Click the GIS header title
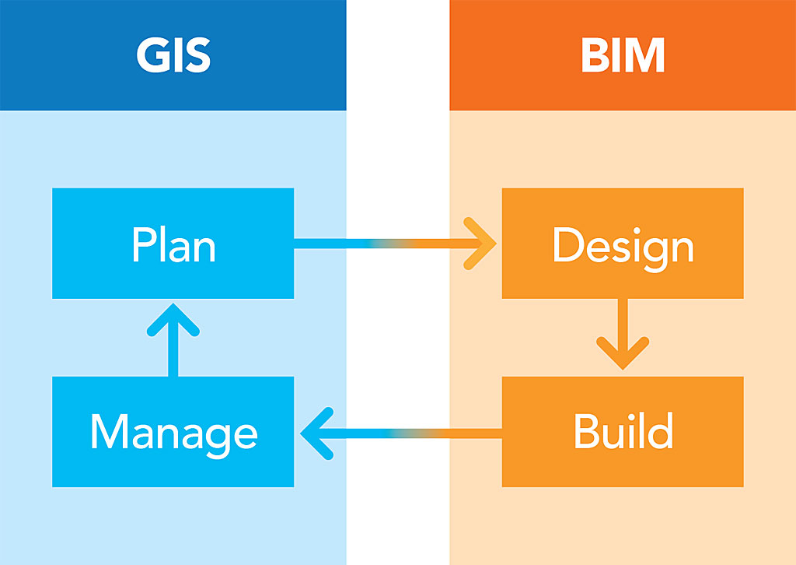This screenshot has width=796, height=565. [x=173, y=55]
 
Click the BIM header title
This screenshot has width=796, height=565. [x=623, y=55]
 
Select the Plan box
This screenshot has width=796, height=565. [x=173, y=244]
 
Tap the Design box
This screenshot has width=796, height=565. [x=623, y=244]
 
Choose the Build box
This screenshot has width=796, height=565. [x=623, y=432]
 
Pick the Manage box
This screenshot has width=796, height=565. [x=173, y=432]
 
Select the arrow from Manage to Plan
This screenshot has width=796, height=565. [x=173, y=339]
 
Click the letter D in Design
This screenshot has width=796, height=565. [x=567, y=244]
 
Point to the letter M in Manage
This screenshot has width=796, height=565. [x=109, y=432]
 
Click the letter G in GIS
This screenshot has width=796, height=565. [x=152, y=55]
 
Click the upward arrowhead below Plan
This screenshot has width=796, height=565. [x=173, y=319]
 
